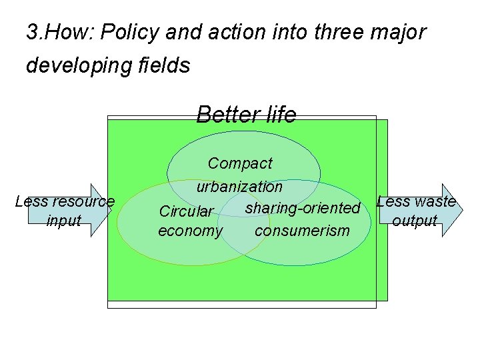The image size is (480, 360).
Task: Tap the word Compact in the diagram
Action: [x=240, y=163]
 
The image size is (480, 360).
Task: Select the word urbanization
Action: [x=239, y=187]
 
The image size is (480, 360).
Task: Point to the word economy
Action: [x=190, y=231]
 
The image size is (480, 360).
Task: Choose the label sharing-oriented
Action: [x=303, y=208]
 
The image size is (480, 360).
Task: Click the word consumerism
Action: [x=302, y=231]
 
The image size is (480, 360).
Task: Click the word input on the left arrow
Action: [x=64, y=220]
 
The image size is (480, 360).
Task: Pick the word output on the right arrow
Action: [x=415, y=220]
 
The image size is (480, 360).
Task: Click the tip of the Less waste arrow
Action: [x=461, y=210]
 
